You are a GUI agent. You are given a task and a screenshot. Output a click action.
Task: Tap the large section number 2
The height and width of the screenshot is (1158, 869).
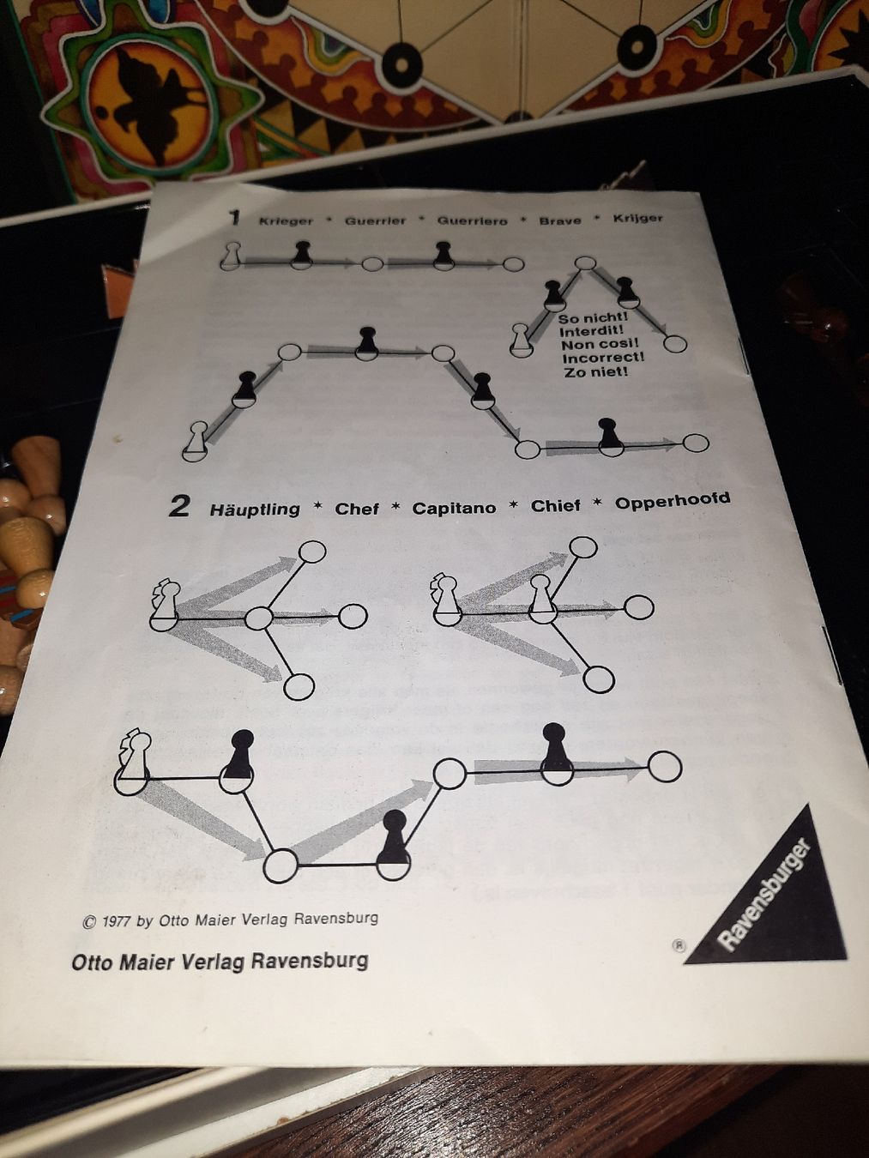tap(179, 507)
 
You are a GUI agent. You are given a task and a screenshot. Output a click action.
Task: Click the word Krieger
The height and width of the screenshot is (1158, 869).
tap(286, 220)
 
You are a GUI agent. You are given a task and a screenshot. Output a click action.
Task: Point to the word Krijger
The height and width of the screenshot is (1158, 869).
tap(638, 218)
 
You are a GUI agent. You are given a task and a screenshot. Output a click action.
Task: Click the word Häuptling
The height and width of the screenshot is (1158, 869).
tap(255, 510)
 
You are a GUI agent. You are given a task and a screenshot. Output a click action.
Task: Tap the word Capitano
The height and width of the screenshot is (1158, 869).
tap(455, 508)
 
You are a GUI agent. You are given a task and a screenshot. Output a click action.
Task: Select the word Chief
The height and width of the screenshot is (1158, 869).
tap(555, 506)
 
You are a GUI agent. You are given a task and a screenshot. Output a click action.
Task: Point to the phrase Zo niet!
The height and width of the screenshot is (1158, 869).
tap(596, 372)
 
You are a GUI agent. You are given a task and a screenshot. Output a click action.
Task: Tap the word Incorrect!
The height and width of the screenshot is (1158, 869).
tap(604, 359)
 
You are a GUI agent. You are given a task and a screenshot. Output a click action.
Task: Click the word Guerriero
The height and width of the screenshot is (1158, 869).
tap(472, 220)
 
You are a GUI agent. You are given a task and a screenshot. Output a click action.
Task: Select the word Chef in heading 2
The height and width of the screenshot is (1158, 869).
tap(357, 510)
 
